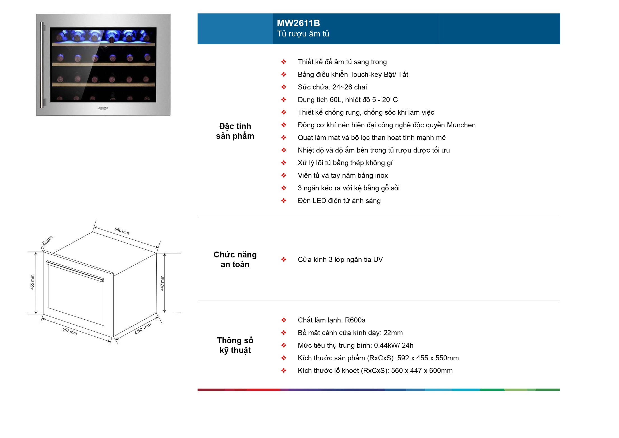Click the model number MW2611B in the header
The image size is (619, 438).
(298, 23)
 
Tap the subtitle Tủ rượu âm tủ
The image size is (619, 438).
(303, 34)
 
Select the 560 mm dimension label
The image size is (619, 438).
(122, 231)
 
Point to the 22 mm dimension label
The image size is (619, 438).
(47, 240)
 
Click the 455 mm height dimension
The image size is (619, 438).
(32, 282)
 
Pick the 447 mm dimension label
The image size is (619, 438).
(162, 283)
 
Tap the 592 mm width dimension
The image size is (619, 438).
(70, 331)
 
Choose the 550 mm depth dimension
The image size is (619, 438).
(143, 328)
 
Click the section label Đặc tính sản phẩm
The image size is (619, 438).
(235, 131)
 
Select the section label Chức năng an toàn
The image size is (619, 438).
(235, 259)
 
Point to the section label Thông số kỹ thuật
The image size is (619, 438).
(235, 345)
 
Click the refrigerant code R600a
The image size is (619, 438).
(355, 320)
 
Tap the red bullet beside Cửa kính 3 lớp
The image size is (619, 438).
(284, 260)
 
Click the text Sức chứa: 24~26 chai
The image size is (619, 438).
(332, 87)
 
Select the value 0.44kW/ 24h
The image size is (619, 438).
(393, 345)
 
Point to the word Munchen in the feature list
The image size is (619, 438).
(461, 125)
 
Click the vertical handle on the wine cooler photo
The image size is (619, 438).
(42, 64)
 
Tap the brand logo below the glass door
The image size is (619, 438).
(103, 108)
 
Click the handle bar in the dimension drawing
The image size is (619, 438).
(75, 271)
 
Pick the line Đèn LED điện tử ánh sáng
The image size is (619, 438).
(339, 201)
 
